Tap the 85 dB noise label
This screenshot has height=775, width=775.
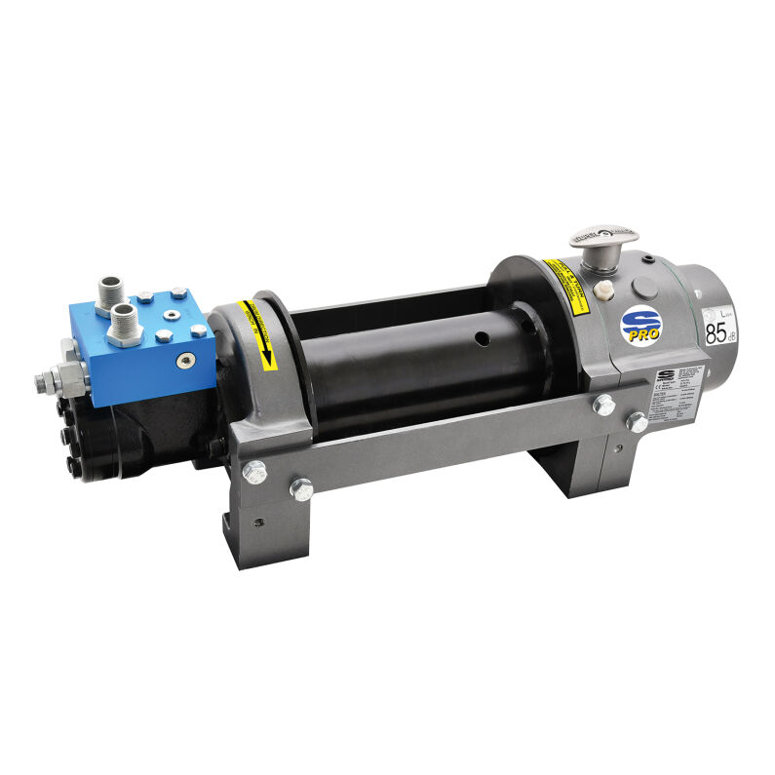(717, 334)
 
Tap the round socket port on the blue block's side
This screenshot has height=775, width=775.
(181, 361)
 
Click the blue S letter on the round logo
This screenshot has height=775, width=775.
(639, 321)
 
